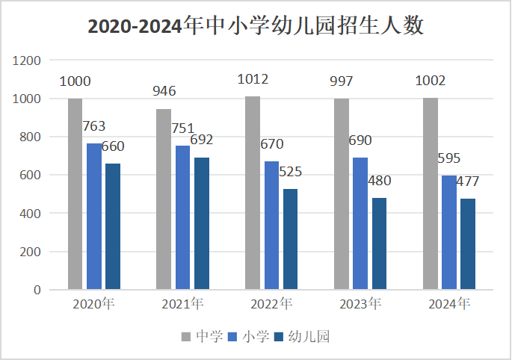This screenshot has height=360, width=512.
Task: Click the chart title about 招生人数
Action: point(256,26)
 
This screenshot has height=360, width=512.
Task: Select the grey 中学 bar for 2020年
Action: point(75,193)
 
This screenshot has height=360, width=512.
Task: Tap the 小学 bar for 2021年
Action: point(182,217)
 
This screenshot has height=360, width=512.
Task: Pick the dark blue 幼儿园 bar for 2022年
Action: point(290,239)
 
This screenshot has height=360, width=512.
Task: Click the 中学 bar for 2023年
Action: point(342,194)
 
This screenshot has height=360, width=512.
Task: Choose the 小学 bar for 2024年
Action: point(448,232)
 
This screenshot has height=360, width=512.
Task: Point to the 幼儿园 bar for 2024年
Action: point(468,243)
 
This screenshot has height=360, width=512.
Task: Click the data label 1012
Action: point(253,79)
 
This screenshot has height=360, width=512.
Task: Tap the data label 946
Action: point(164,91)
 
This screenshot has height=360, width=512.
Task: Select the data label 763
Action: point(94,126)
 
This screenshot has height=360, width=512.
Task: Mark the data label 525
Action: point(290,172)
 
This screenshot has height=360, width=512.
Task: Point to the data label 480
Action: point(379,181)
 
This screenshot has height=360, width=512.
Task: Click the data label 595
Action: point(449,158)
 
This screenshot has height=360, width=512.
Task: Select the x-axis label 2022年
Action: point(271,304)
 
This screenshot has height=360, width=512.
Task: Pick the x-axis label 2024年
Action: point(448,304)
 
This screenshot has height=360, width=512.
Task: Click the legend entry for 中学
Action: point(203,337)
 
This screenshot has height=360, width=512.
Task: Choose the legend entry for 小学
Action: point(249,337)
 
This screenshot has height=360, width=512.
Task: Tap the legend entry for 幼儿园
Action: point(303,337)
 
